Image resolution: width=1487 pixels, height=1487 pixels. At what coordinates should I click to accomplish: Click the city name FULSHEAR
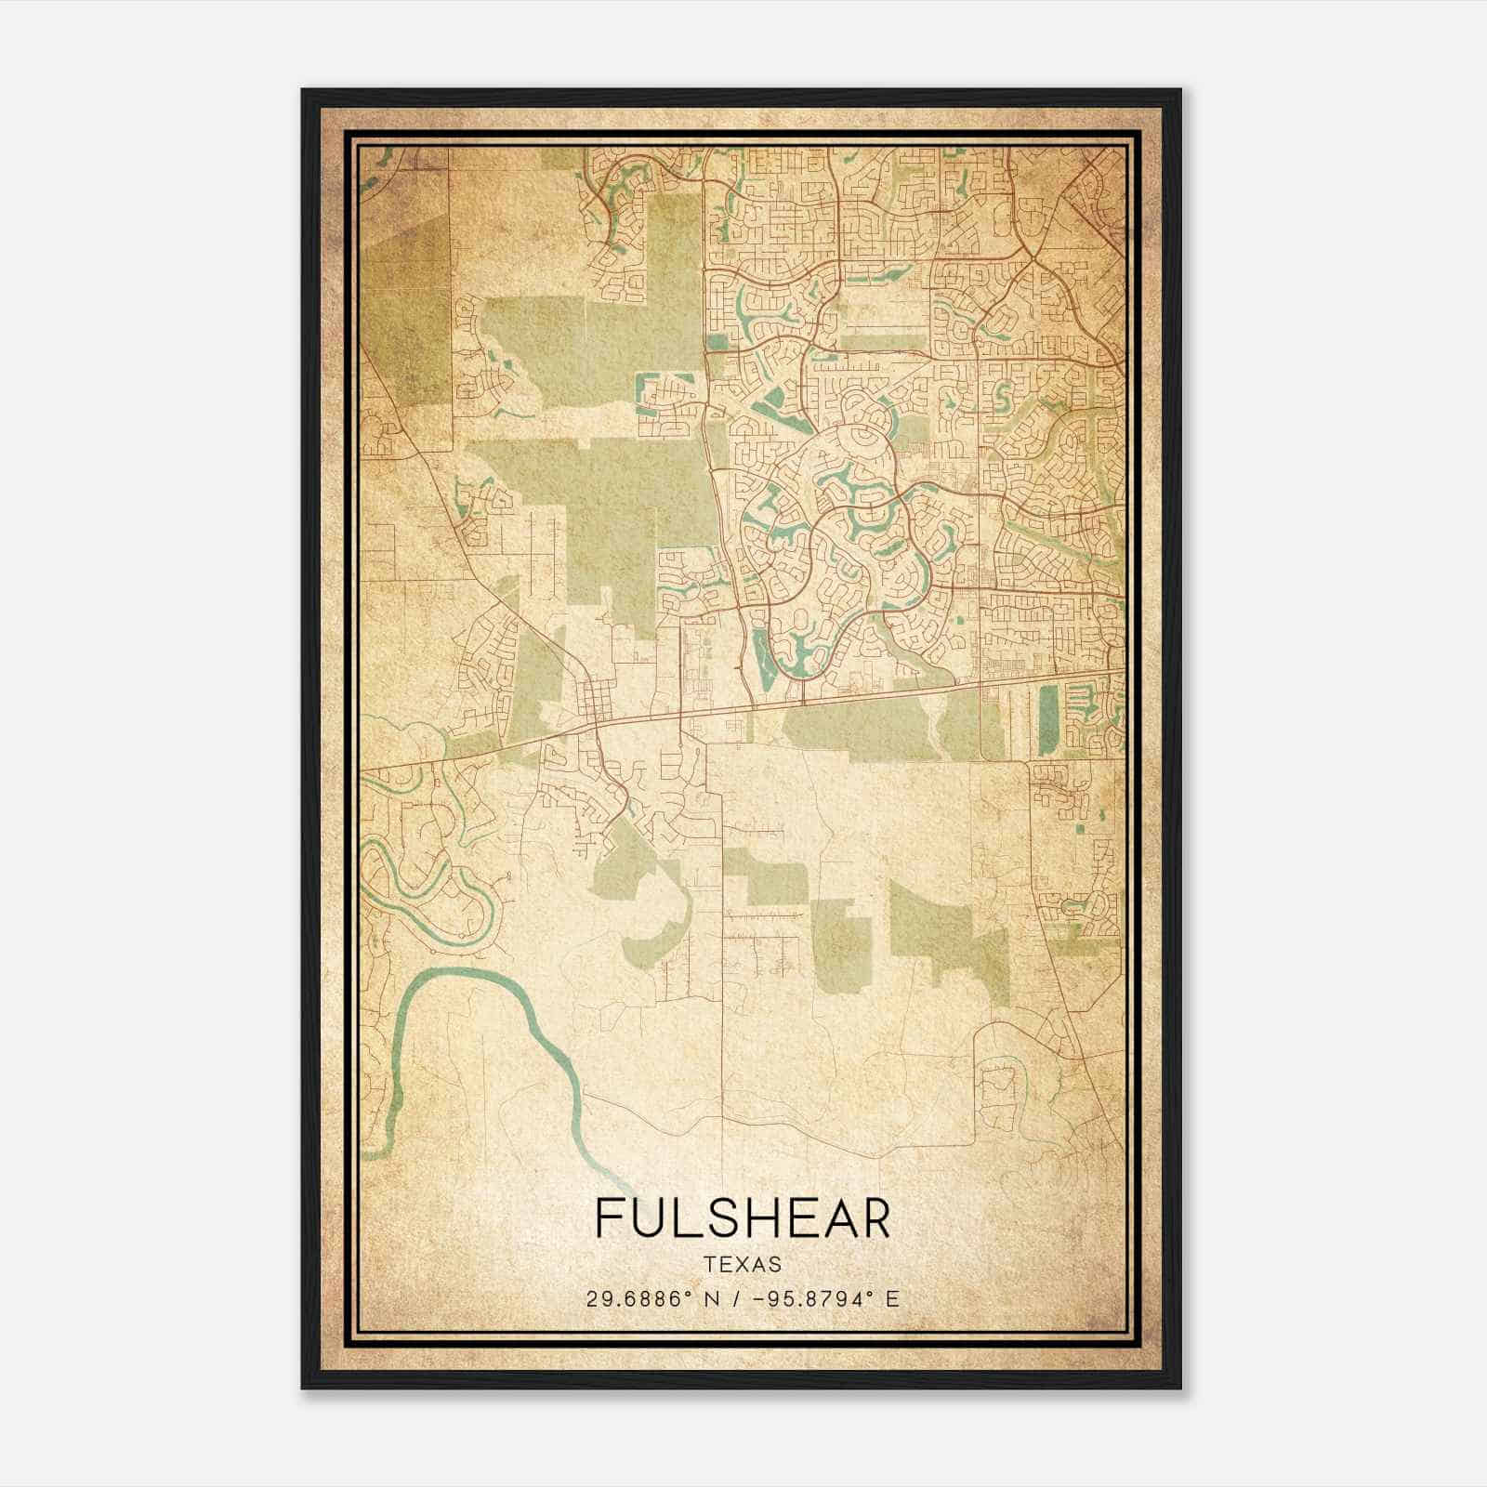click(742, 1218)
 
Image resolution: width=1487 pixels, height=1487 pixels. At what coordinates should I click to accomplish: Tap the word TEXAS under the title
click(743, 1264)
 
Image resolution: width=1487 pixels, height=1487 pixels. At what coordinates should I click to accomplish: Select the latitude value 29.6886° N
click(648, 1298)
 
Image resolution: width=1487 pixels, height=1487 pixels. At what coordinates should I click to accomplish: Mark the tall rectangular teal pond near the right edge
click(1047, 719)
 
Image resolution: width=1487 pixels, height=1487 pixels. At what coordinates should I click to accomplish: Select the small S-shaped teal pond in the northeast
click(1002, 398)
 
